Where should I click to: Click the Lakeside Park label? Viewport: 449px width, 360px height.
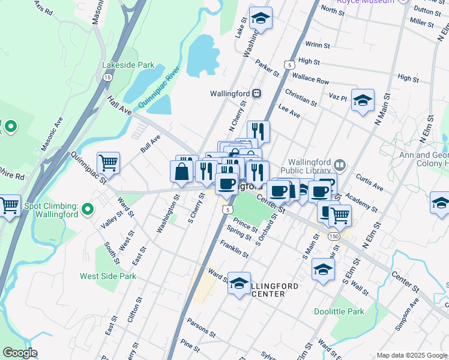(x=128, y=65)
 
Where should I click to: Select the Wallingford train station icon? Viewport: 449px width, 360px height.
(x=256, y=94)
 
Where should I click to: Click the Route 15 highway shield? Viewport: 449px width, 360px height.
(x=107, y=77)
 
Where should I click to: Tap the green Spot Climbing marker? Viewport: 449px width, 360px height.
(x=88, y=209)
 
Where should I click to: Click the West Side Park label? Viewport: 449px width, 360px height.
(x=108, y=276)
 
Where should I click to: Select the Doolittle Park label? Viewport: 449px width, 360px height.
(x=339, y=311)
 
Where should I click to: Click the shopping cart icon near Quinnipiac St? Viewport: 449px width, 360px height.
(x=108, y=162)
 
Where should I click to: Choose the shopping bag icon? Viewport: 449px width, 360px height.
(x=181, y=172)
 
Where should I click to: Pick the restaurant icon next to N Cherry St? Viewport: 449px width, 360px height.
(x=258, y=131)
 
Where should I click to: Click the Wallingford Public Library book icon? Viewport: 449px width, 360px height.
(x=340, y=164)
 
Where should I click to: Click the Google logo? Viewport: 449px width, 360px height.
(x=20, y=353)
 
